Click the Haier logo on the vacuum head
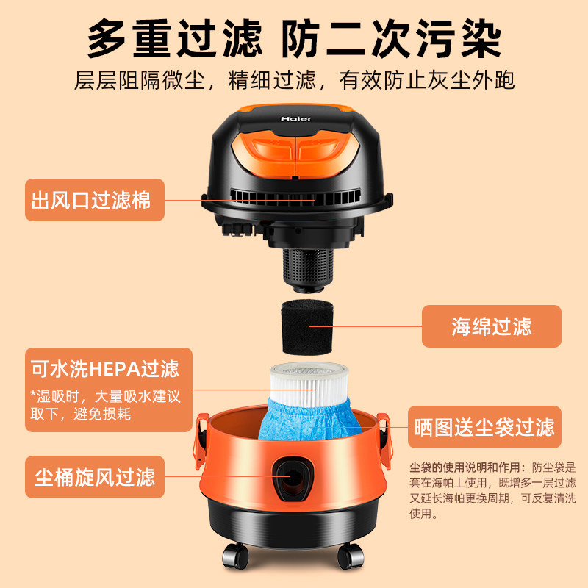[295, 118]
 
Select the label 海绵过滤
[491, 326]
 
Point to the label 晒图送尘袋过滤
[484, 427]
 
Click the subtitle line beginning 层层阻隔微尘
[294, 79]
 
